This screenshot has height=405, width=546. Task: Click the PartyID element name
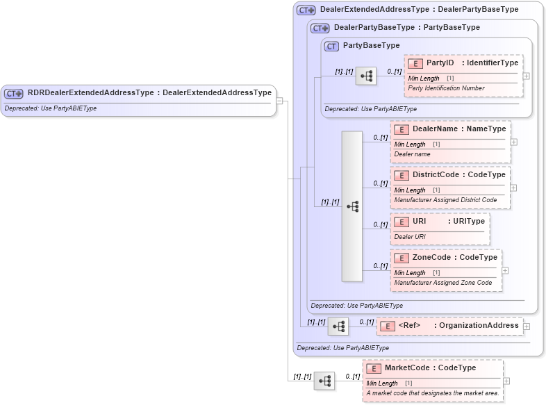(440, 63)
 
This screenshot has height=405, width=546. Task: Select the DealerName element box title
(435, 129)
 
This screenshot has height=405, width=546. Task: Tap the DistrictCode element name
(436, 175)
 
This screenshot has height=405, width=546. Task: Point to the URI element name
(420, 222)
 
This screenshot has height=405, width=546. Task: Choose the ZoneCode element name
(431, 258)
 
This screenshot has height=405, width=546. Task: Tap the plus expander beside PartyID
(527, 76)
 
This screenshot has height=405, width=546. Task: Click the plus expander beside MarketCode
(506, 381)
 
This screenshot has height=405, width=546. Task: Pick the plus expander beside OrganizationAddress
(527, 326)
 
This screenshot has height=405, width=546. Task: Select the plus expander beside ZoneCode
(505, 270)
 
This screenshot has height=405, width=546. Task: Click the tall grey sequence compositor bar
(352, 206)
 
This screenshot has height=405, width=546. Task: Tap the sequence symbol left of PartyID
(365, 76)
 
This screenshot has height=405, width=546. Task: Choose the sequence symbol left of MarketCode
(324, 381)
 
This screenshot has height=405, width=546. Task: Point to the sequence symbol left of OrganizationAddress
(338, 326)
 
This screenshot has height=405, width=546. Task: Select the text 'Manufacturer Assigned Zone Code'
(443, 283)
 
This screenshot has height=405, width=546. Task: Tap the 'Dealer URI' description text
(410, 237)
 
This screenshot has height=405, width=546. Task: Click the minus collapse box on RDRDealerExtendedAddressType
(279, 101)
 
